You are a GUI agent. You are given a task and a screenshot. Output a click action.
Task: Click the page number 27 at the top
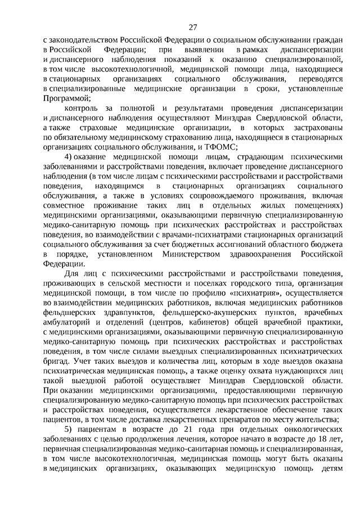(193, 27)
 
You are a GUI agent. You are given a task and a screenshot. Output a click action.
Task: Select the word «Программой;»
(65, 98)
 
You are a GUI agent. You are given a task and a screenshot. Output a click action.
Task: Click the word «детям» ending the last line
(330, 471)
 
